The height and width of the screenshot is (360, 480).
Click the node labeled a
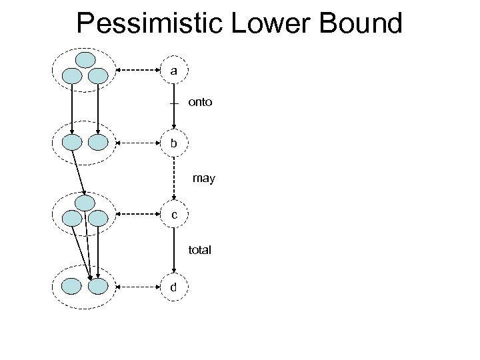[174, 70]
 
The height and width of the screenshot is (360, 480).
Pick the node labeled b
[174, 142]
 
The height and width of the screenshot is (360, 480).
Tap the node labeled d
[174, 287]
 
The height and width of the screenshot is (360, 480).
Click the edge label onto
[201, 103]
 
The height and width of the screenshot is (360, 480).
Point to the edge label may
[203, 179]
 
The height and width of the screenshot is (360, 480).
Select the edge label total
[199, 250]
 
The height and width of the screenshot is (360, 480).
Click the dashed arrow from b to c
[174, 177]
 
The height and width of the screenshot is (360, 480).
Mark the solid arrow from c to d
[174, 250]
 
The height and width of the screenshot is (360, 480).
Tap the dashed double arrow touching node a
[139, 70]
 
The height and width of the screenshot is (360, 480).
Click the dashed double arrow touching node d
[139, 287]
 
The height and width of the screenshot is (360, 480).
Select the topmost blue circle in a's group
[85, 60]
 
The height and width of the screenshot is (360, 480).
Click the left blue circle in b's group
[71, 142]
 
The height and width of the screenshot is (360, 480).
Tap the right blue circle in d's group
[98, 287]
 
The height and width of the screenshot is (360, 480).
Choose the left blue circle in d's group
[71, 287]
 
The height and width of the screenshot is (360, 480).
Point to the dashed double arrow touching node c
[139, 214]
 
